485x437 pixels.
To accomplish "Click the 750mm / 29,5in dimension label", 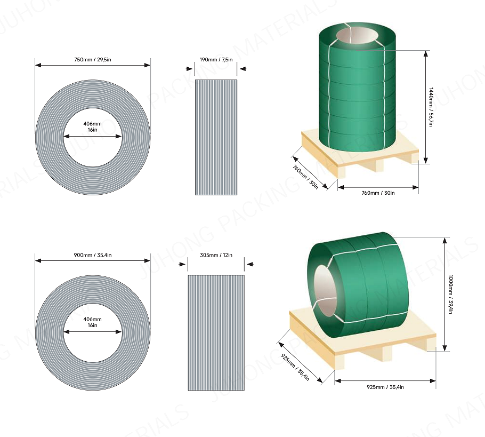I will (x=93, y=59).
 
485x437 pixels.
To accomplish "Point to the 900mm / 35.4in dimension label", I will (x=93, y=255).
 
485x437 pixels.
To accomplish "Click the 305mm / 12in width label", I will (x=216, y=255).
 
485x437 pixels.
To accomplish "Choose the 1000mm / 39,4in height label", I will (x=450, y=294).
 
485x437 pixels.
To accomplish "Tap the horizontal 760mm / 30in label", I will (x=378, y=193).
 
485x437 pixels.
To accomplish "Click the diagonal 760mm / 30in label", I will (x=305, y=177).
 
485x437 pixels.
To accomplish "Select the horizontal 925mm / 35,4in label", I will (x=385, y=387).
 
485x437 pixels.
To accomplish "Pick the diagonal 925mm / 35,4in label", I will (x=295, y=362).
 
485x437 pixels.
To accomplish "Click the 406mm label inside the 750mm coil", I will (x=93, y=126).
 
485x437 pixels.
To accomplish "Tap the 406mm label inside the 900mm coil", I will (x=93, y=322).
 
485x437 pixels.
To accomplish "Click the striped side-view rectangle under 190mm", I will (x=216, y=137).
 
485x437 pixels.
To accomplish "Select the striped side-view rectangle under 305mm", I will (x=216, y=332).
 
